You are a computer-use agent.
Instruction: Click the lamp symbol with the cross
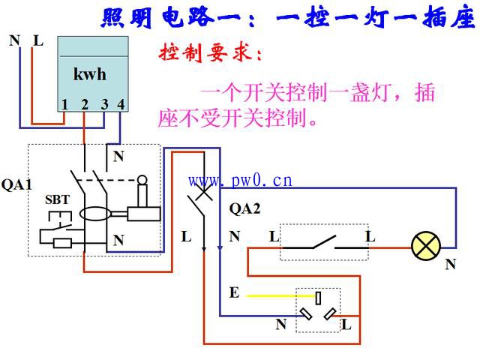click(426, 247)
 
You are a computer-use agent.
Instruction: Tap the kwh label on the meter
click(90, 74)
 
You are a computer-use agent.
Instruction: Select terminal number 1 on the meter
click(64, 105)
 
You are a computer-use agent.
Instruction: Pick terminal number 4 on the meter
click(121, 104)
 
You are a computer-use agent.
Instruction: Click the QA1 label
click(16, 184)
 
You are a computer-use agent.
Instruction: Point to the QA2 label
click(244, 208)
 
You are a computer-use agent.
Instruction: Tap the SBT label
click(57, 199)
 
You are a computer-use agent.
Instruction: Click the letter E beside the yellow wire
click(234, 292)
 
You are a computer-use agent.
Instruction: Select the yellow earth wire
click(281, 296)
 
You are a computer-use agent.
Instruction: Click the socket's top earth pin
click(318, 298)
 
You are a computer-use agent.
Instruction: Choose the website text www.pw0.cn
click(240, 181)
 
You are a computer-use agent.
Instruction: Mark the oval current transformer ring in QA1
click(95, 213)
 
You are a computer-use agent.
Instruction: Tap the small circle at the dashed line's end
click(142, 180)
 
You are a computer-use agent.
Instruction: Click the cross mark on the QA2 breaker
click(203, 192)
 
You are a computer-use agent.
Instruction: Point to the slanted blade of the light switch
click(324, 241)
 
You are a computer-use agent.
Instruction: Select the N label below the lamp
click(451, 264)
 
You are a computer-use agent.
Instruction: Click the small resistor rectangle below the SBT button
click(62, 243)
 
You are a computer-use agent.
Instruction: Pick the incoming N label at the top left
click(15, 40)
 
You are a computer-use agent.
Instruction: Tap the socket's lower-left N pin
click(306, 313)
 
